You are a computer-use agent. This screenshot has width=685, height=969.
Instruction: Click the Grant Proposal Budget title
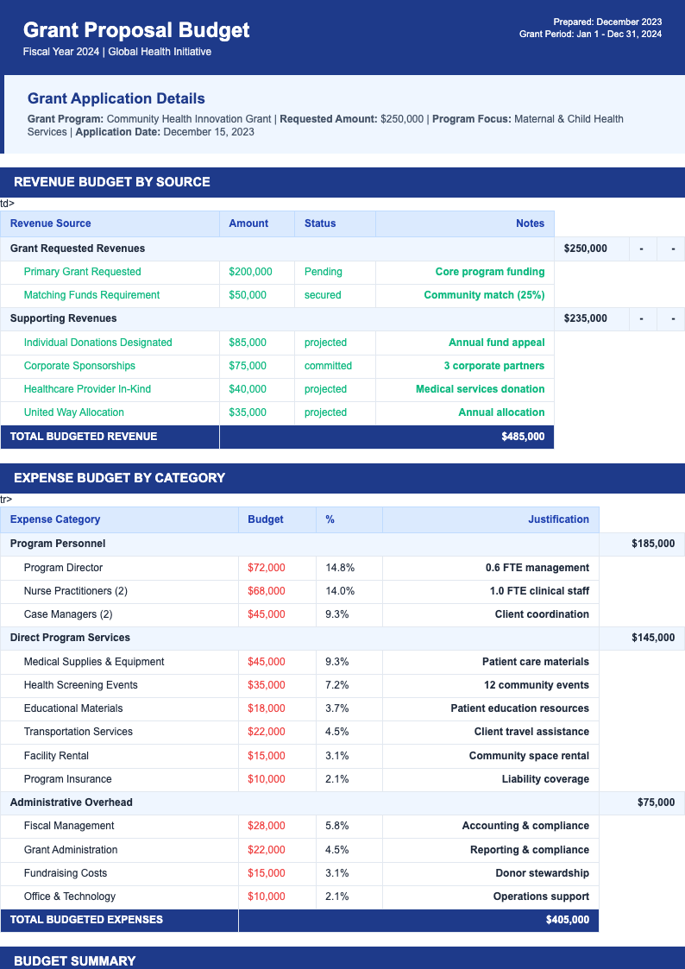(136, 30)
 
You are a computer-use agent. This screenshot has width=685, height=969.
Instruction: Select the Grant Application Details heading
(116, 98)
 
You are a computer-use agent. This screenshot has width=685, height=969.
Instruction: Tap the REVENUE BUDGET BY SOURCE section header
(112, 182)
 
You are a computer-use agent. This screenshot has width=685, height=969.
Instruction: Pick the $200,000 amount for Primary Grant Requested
(250, 272)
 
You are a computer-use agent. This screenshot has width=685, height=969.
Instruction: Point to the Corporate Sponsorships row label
(79, 366)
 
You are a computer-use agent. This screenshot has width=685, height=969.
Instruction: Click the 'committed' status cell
(328, 366)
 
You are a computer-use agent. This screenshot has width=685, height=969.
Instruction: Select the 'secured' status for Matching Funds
(323, 295)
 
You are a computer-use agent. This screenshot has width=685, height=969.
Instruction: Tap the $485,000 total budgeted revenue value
(523, 437)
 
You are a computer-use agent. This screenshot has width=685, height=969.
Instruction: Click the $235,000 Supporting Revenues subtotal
(585, 318)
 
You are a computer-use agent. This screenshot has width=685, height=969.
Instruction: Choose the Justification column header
(558, 519)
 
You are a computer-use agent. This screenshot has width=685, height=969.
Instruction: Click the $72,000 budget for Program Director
(266, 568)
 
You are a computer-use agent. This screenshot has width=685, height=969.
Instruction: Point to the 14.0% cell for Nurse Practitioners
(340, 591)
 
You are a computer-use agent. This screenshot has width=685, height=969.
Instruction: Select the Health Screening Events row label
(81, 685)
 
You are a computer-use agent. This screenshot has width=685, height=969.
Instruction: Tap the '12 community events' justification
(537, 685)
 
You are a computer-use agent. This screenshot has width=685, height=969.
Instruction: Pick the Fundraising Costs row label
(66, 873)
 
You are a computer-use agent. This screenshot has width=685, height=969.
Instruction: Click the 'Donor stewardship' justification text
(542, 873)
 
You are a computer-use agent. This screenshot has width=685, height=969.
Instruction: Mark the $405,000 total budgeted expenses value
(568, 920)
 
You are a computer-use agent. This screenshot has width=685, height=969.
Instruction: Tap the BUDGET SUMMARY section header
(75, 960)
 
